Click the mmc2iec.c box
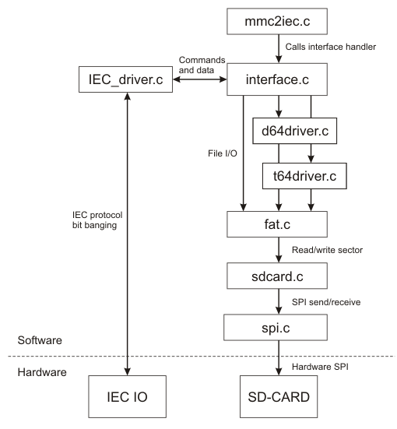coord(277,21)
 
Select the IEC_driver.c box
coord(125,79)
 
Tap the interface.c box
coord(277,79)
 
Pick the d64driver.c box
coord(295,131)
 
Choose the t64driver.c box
coord(304,176)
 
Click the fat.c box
coord(277,224)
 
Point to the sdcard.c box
coord(277,276)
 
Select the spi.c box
coord(276,327)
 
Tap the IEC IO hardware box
coord(127,396)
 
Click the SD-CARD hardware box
coord(279,396)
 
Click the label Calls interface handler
coord(331,47)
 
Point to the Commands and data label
coord(202,65)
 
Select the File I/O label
coord(223,153)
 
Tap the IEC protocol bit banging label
coord(97,220)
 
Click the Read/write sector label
coord(327,250)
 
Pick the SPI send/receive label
coord(326,302)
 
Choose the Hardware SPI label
coord(320,367)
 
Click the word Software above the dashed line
coord(40,340)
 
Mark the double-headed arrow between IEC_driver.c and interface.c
coord(200,79)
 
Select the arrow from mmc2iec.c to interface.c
coord(279,49)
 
